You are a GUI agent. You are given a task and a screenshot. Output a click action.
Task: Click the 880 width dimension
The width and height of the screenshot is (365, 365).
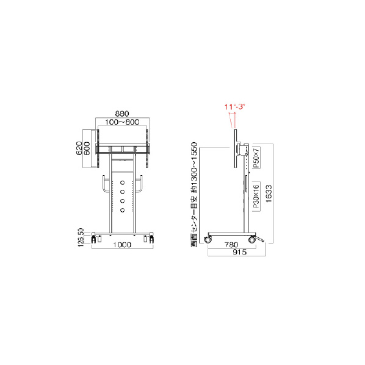[122, 114]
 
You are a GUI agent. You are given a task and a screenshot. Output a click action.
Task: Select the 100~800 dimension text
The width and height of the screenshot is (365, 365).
[122, 122]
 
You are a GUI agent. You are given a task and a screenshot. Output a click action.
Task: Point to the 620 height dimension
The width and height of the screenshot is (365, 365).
[79, 148]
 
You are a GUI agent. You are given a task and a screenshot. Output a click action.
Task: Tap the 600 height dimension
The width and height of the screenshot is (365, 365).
[87, 148]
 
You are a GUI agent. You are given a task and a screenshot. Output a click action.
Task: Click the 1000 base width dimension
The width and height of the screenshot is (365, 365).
[122, 245]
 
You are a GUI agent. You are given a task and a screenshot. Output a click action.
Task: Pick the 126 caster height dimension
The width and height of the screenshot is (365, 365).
[81, 242]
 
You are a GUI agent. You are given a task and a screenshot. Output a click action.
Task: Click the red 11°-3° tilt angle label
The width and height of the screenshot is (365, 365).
[235, 107]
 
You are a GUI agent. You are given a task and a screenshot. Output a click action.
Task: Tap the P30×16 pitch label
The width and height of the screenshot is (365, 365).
[256, 197]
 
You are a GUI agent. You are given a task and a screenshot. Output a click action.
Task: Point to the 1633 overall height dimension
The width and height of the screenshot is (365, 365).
[269, 193]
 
